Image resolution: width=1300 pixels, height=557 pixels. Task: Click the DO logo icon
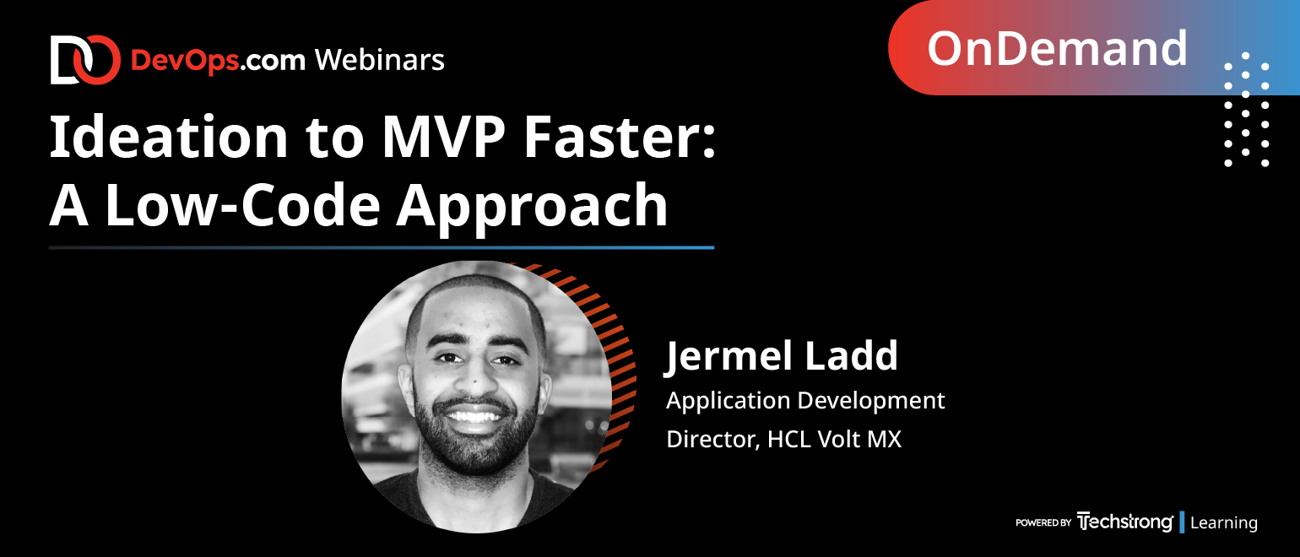(85, 60)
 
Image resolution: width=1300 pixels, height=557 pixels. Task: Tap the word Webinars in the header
(380, 60)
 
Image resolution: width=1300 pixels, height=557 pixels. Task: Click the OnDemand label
(1057, 49)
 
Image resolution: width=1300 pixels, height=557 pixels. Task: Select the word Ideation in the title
(168, 137)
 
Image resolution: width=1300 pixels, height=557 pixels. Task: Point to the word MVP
(444, 138)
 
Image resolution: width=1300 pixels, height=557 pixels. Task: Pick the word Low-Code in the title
(242, 204)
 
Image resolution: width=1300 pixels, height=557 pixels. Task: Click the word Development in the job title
(871, 401)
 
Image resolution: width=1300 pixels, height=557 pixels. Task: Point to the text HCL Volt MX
(835, 439)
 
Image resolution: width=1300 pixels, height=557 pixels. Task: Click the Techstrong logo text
(1124, 522)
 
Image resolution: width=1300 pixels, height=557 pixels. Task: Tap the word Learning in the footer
(1224, 522)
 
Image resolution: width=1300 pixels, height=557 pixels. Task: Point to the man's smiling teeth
(473, 416)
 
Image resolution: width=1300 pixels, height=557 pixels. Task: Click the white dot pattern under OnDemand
(1246, 110)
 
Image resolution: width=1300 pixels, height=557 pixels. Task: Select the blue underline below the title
(382, 248)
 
